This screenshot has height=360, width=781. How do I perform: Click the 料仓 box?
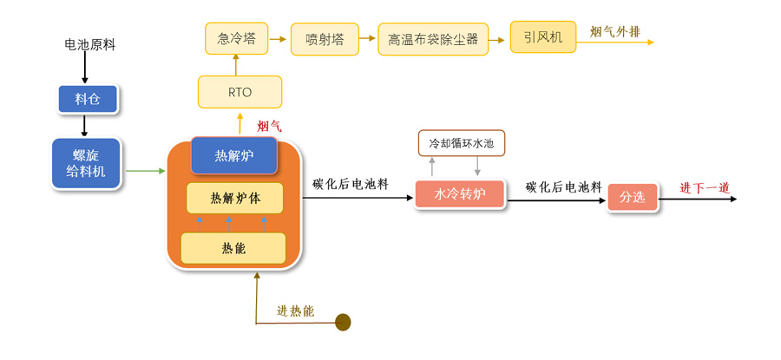coord(88,100)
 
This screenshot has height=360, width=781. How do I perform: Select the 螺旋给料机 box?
coord(86,162)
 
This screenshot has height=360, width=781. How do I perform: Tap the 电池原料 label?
coord(89,44)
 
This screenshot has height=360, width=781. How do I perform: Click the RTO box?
coord(240,92)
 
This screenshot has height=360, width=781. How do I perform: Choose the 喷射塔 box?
coord(325,39)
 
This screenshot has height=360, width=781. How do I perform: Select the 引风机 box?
coord(543,37)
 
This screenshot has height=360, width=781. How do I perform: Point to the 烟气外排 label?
coord(615,33)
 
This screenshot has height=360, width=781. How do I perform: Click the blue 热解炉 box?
coord(234,155)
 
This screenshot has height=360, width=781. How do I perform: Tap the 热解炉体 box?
coord(234,199)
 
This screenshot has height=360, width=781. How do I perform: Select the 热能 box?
coord(233,248)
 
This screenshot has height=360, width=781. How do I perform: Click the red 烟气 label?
coord(269,126)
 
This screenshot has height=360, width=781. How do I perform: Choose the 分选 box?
coord(632,197)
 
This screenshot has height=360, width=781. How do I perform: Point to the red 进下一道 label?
coord(704,187)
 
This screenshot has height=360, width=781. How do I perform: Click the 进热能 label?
coord(295,311)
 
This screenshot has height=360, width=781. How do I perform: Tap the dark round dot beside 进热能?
coord(343,323)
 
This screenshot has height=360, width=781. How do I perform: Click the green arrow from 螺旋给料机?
coord(146,171)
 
